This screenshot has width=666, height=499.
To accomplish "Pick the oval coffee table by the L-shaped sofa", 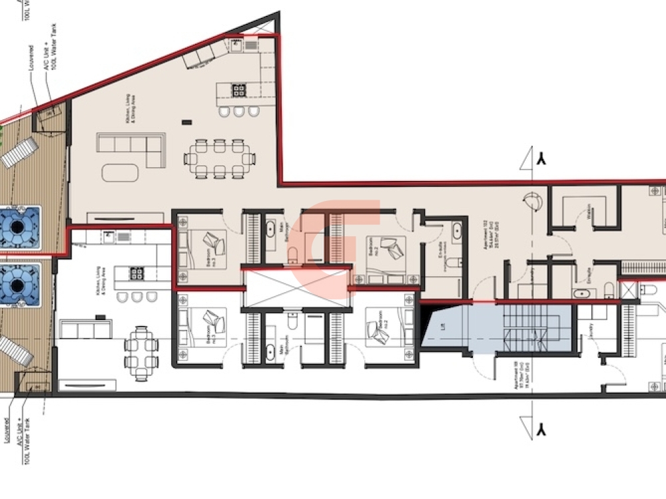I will click(120, 172).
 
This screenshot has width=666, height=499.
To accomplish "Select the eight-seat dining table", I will click(220, 159).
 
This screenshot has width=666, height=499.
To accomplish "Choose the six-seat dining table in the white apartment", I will click(141, 353).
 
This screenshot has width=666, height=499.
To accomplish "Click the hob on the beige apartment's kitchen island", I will click(238, 89).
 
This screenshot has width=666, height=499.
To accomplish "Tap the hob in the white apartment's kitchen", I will click(137, 273).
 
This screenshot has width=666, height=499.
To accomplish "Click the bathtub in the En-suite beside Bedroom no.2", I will click(457, 233).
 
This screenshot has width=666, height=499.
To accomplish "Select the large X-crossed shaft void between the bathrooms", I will click(295, 287).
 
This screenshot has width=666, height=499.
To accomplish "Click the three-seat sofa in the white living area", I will click(85, 329).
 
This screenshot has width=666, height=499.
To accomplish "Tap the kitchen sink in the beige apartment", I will click(236, 45).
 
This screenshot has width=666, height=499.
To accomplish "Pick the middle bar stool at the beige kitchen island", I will click(238, 111).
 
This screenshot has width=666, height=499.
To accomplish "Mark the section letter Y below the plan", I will click(543, 428).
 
